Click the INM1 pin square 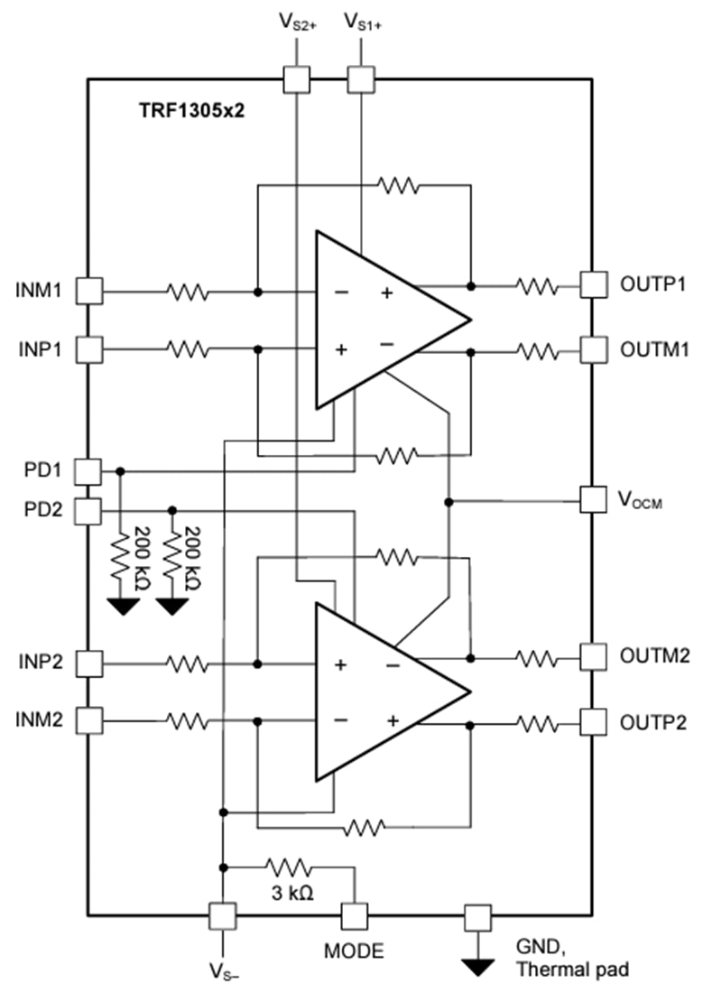[88, 291]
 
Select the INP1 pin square [88, 348]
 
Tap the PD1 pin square [88, 470]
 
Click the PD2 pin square [88, 511]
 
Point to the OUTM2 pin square [593, 655]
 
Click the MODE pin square [354, 916]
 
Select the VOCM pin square [593, 498]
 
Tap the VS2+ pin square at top [296, 79]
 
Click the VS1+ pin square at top [361, 79]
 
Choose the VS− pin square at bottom [222, 916]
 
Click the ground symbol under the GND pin [476, 967]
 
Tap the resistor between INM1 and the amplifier [187, 292]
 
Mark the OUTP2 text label [653, 721]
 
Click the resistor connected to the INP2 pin [187, 664]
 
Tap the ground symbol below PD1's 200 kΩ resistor [121, 606]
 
